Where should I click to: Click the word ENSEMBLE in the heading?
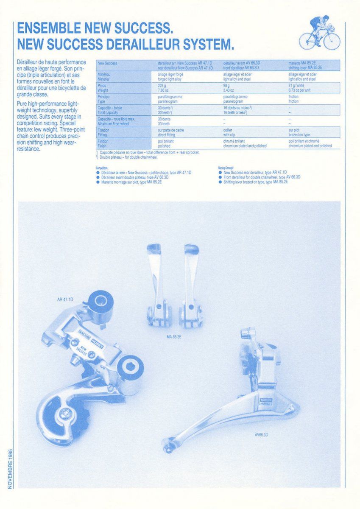(47, 28)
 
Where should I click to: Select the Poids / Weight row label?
(103, 87)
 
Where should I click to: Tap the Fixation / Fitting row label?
(103, 132)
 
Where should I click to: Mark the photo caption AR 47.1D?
(65, 299)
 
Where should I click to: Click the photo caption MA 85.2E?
(174, 336)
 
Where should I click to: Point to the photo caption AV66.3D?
(262, 434)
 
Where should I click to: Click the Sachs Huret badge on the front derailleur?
(265, 402)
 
